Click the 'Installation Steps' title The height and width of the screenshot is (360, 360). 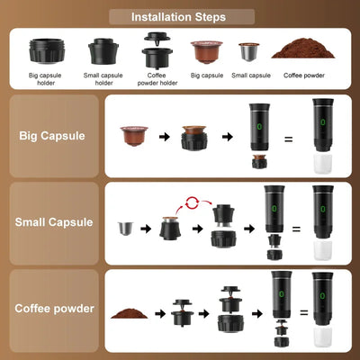point(179,16)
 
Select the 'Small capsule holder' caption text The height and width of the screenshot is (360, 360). point(104,78)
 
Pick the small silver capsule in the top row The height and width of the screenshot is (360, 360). point(247,50)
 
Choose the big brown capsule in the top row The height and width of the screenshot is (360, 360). point(204,49)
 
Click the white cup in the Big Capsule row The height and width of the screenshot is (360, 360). point(322,164)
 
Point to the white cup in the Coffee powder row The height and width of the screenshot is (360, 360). point(322,336)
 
